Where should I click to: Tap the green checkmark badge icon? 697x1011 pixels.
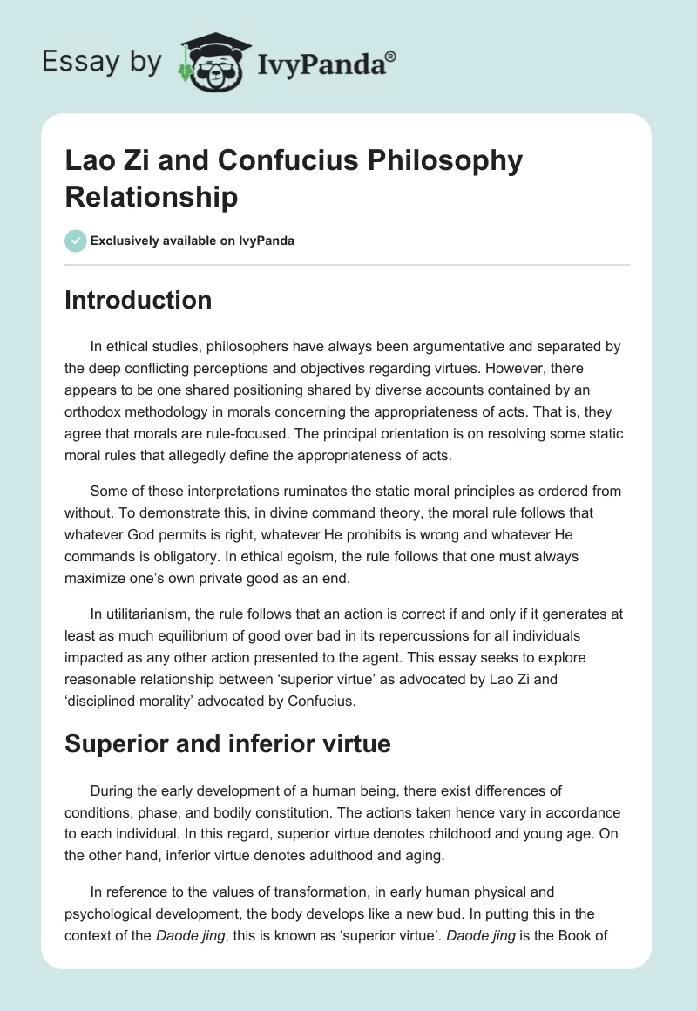(x=76, y=241)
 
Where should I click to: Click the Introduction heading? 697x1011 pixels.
(x=139, y=300)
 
